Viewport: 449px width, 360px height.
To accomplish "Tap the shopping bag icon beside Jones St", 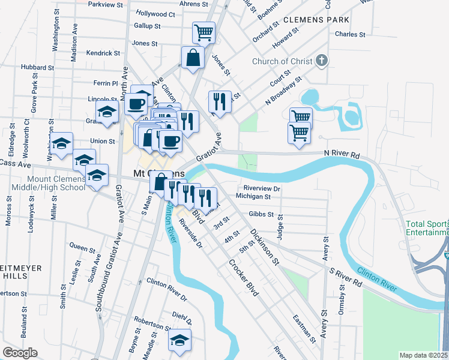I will point(192,59).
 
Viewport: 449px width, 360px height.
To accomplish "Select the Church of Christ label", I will point(282,61).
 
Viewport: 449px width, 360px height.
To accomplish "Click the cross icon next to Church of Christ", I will point(322,60).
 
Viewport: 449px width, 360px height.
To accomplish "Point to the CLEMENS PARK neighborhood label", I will point(316,20).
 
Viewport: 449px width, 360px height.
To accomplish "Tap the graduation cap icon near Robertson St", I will point(179,341).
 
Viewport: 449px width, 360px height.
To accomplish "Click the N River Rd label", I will point(343,155).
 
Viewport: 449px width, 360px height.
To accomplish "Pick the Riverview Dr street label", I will point(262,188).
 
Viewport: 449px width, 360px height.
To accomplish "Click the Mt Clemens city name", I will point(151,174).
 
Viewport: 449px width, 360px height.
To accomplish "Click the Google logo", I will point(20,353).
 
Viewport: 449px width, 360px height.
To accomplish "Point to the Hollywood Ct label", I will point(155,14).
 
